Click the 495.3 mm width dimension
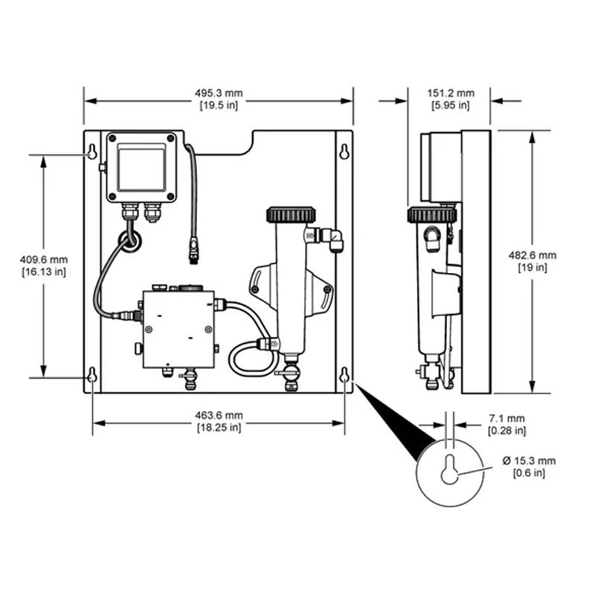219,99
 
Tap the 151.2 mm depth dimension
451,99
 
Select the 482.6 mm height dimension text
533,262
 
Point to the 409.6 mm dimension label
44,266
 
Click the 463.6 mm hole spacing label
219,422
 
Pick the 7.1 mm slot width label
507,425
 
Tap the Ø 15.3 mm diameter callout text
529,467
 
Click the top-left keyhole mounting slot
92,152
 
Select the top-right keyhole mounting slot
344,152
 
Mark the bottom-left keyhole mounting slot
92,375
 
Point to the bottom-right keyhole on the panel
344,375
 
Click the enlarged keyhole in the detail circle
450,469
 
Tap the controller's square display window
141,168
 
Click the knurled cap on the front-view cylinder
291,215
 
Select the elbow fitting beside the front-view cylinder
331,239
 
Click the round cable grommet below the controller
129,241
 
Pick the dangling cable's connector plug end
194,251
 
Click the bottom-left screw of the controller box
112,196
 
